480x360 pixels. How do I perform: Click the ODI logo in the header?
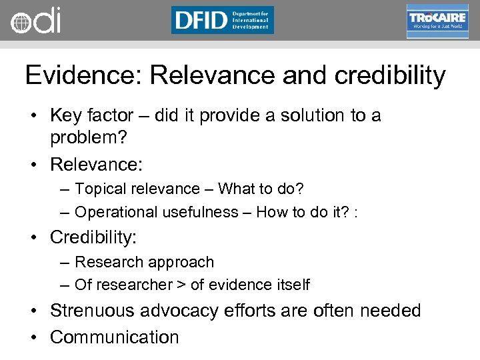(35, 21)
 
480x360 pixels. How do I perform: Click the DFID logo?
(222, 20)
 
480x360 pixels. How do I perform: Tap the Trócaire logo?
(437, 21)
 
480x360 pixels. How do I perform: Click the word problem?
(88, 139)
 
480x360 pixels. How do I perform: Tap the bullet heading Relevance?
(97, 163)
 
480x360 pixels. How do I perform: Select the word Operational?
(114, 212)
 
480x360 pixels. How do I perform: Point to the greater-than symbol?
(181, 285)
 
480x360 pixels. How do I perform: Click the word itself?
(292, 285)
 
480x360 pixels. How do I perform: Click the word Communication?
(115, 337)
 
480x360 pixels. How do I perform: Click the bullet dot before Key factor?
(31, 117)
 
